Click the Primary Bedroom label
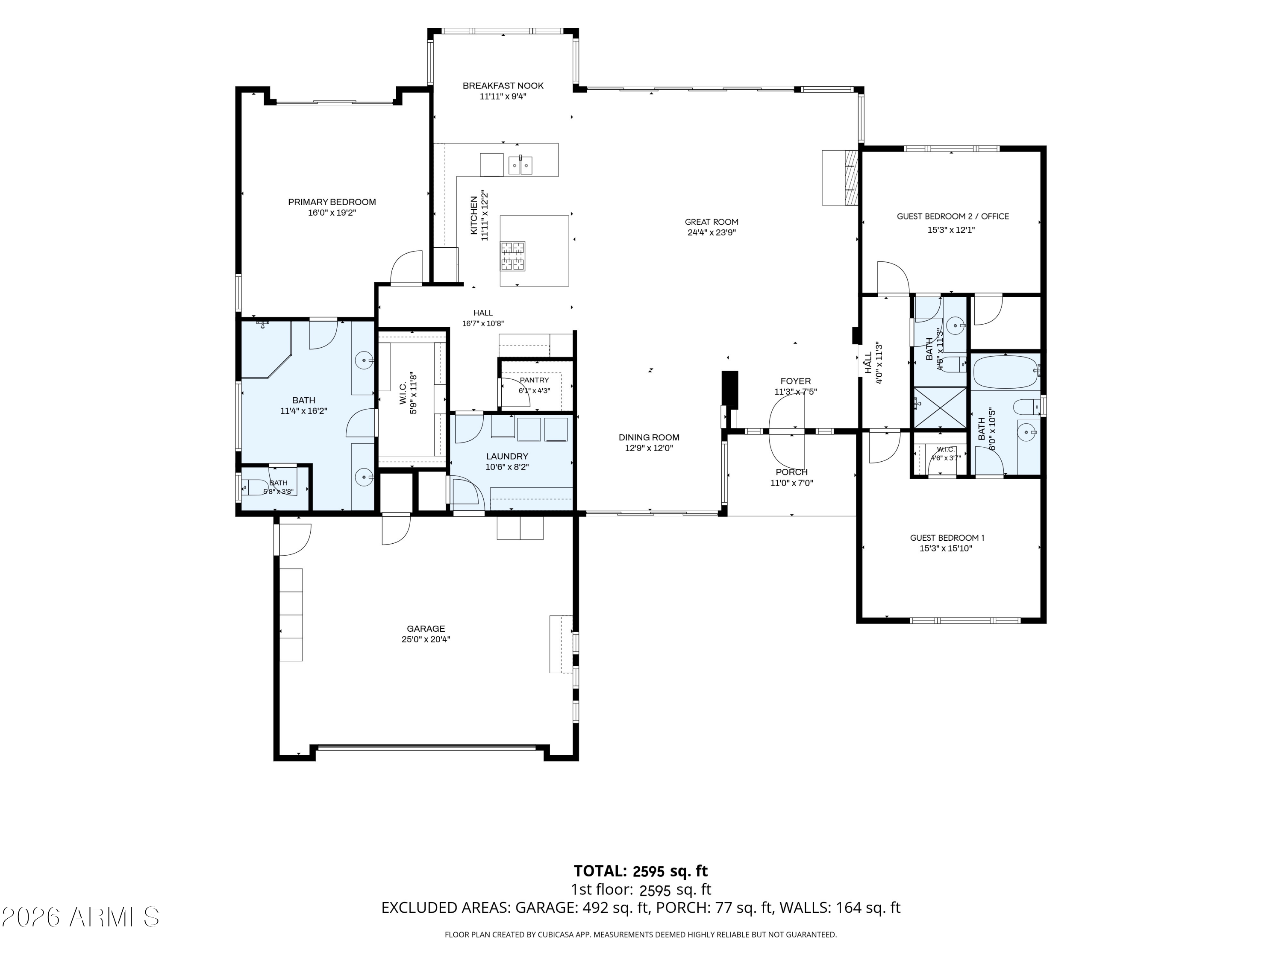[332, 202]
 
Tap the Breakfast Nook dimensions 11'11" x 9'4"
[503, 97]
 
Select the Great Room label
[712, 222]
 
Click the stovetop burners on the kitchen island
[513, 257]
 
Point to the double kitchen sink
[520, 165]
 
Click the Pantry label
[534, 380]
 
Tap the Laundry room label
[507, 457]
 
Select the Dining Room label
[649, 438]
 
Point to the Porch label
[792, 472]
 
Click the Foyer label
[796, 381]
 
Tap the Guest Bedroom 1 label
[947, 538]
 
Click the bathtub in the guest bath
[1006, 372]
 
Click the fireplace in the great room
[840, 177]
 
